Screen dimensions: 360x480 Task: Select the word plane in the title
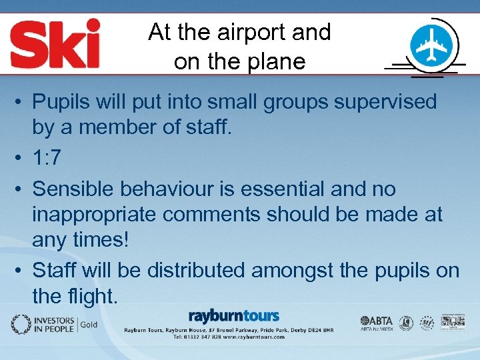coord(275,61)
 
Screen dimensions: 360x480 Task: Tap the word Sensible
coord(74,189)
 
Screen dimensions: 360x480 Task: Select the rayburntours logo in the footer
coord(233,316)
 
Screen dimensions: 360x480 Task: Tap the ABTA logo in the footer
coord(377,321)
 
